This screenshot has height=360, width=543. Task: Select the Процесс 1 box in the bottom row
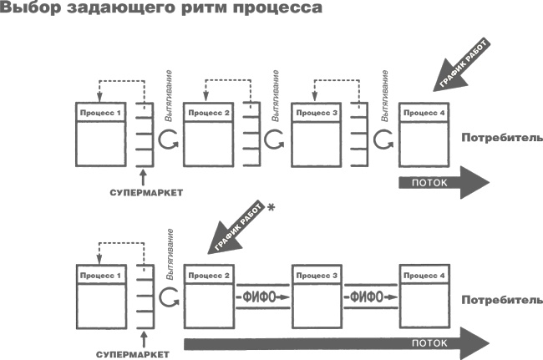pyautogui.click(x=101, y=297)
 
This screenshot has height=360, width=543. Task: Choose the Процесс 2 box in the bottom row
pyautogui.click(x=210, y=297)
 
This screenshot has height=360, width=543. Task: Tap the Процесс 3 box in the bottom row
pyautogui.click(x=317, y=297)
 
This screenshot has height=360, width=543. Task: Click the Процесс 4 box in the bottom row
pyautogui.click(x=426, y=297)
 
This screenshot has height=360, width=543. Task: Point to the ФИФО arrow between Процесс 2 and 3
pyautogui.click(x=263, y=297)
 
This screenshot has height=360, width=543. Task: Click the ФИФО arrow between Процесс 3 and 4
pyautogui.click(x=372, y=297)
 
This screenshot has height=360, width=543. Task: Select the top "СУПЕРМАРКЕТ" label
pyautogui.click(x=146, y=192)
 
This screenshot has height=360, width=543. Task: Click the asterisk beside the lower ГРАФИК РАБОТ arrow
pyautogui.click(x=270, y=209)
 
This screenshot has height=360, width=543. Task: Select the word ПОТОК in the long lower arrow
pyautogui.click(x=426, y=342)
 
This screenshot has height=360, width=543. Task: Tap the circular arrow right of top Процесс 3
pyautogui.click(x=383, y=141)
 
